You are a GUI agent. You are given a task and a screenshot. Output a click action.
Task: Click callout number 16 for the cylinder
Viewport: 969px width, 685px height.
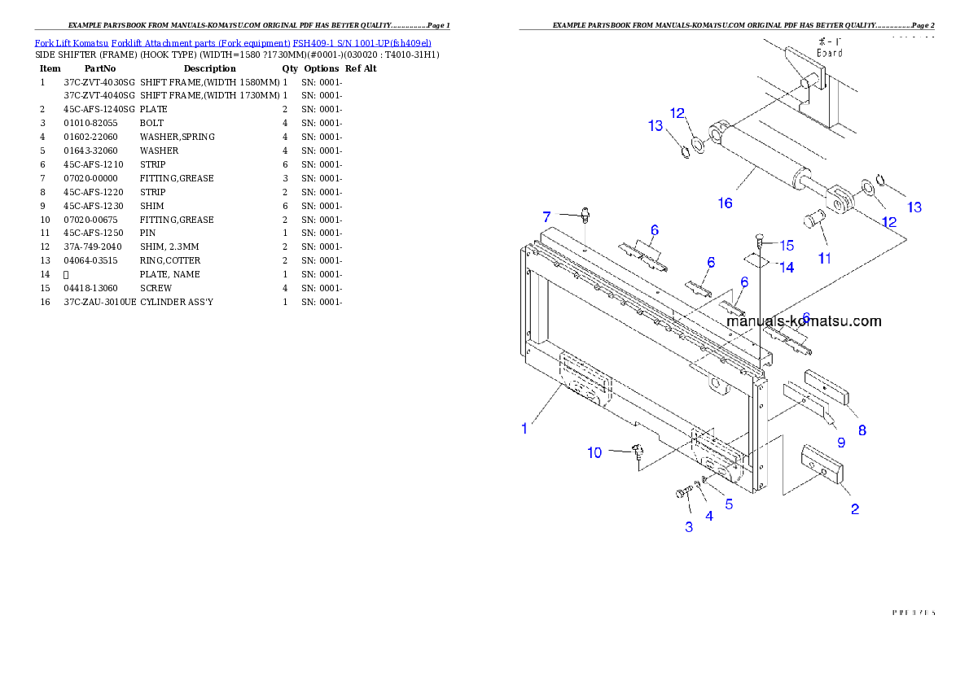click(x=725, y=203)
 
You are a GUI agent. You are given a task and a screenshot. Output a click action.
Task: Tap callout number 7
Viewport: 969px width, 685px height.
click(x=547, y=216)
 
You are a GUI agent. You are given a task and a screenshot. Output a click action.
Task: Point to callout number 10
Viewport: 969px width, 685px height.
click(x=595, y=452)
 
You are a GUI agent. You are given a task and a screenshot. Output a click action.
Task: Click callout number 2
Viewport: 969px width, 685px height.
click(x=855, y=509)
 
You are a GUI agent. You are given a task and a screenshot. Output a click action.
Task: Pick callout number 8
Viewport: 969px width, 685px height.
click(x=861, y=430)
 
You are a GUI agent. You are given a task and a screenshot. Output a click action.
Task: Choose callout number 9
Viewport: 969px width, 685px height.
click(x=840, y=443)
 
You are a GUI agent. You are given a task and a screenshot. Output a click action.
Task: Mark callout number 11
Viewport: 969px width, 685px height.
click(x=825, y=258)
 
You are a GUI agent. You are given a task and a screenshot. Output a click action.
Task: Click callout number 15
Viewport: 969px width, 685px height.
click(x=786, y=245)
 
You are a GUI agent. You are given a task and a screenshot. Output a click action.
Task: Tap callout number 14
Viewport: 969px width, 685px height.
click(x=786, y=267)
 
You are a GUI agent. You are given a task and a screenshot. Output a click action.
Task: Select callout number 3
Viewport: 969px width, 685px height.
click(x=689, y=526)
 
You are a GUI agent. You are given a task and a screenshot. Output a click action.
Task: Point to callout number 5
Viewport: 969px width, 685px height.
click(x=729, y=504)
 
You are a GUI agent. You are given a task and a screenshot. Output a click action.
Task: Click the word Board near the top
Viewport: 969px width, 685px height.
click(x=829, y=52)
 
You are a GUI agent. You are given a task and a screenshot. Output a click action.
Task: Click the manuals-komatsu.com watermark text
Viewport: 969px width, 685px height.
click(x=803, y=321)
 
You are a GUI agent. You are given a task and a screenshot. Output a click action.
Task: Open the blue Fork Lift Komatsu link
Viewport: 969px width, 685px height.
click(x=233, y=41)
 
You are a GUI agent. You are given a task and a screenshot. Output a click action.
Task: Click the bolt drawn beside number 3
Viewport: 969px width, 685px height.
click(x=682, y=492)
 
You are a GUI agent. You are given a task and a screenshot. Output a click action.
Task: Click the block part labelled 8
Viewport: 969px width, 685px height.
click(x=826, y=386)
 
